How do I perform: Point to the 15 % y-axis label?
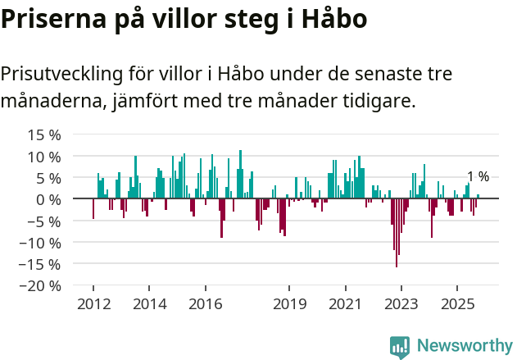pos(44,134)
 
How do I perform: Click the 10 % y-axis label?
pos(44,157)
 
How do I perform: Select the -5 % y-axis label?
pos(41,221)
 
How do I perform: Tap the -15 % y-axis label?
pos(38,264)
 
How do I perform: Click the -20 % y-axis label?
pos(38,286)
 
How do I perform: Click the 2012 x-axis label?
pos(93,304)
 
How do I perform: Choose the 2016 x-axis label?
pos(205,304)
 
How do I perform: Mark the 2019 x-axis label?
pos(289,304)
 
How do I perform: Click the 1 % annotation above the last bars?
pos(478,177)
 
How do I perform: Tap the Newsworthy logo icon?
pos(400,346)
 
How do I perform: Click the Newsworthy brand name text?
pos(464,346)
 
